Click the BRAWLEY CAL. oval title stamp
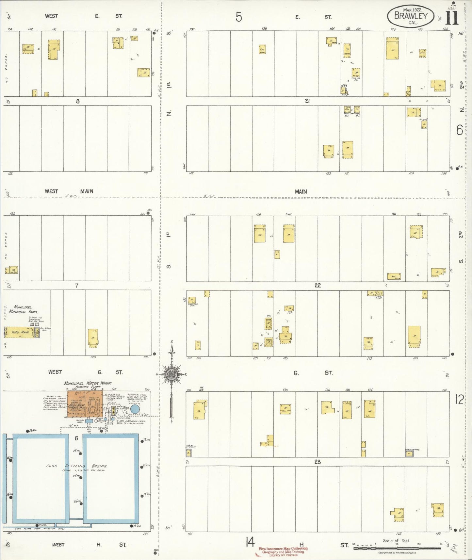tap(411, 16)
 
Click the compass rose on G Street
tap(172, 374)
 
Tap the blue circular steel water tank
tap(135, 409)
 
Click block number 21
tap(307, 101)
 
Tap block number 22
tap(317, 285)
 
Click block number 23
tap(317, 462)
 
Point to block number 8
tap(77, 101)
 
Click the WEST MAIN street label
tap(69, 191)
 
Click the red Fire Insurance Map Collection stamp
tap(283, 552)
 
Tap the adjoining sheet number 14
tap(250, 542)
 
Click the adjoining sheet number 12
tap(459, 399)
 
